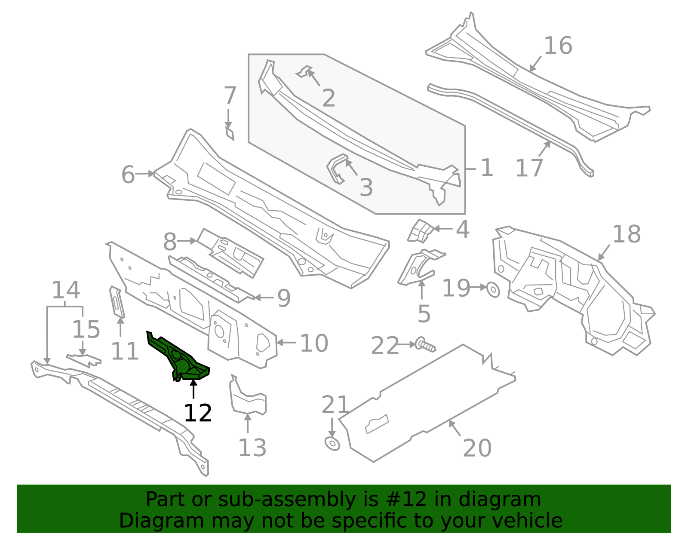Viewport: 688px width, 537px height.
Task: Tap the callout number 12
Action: pos(198,413)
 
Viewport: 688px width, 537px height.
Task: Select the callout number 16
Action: pos(558,46)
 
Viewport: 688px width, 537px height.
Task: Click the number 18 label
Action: pos(627,235)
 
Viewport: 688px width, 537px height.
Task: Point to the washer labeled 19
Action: pos(493,290)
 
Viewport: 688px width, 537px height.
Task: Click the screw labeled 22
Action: pos(425,345)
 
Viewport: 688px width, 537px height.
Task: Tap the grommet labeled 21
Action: pos(332,443)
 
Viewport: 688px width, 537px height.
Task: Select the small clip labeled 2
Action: pos(305,71)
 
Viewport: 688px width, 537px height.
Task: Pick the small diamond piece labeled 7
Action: pos(230,133)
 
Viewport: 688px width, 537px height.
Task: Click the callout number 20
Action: pos(477,448)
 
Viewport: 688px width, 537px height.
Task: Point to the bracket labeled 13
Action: pos(248,398)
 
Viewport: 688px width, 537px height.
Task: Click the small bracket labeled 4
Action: pos(420,230)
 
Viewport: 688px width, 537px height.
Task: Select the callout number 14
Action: pos(66,290)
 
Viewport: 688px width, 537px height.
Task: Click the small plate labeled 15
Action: pos(84,359)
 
